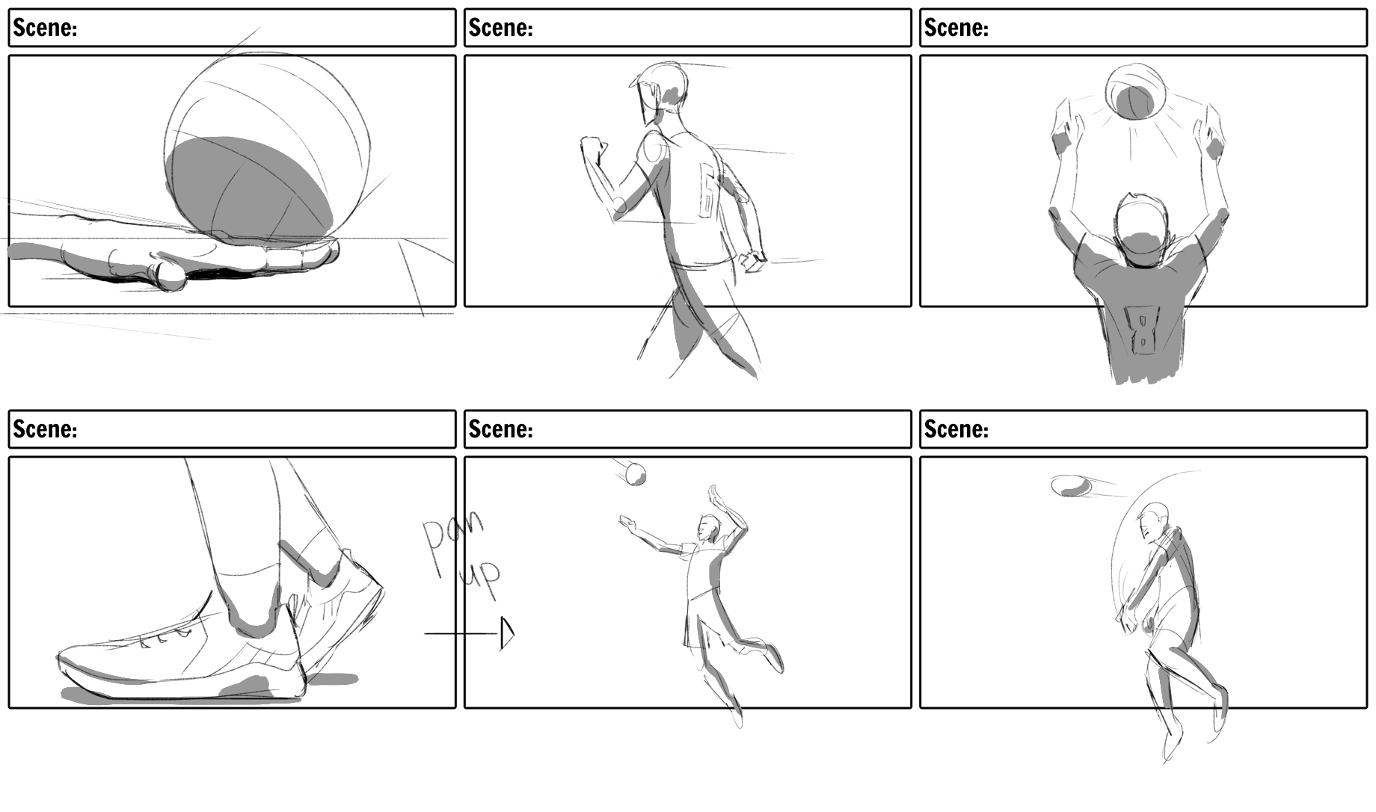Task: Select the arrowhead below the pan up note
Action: click(x=508, y=633)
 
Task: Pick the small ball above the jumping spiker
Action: click(x=635, y=474)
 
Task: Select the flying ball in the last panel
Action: click(x=1071, y=486)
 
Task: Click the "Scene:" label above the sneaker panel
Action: click(x=45, y=429)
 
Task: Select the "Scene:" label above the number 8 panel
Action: click(x=956, y=28)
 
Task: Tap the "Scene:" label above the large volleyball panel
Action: click(x=45, y=28)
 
